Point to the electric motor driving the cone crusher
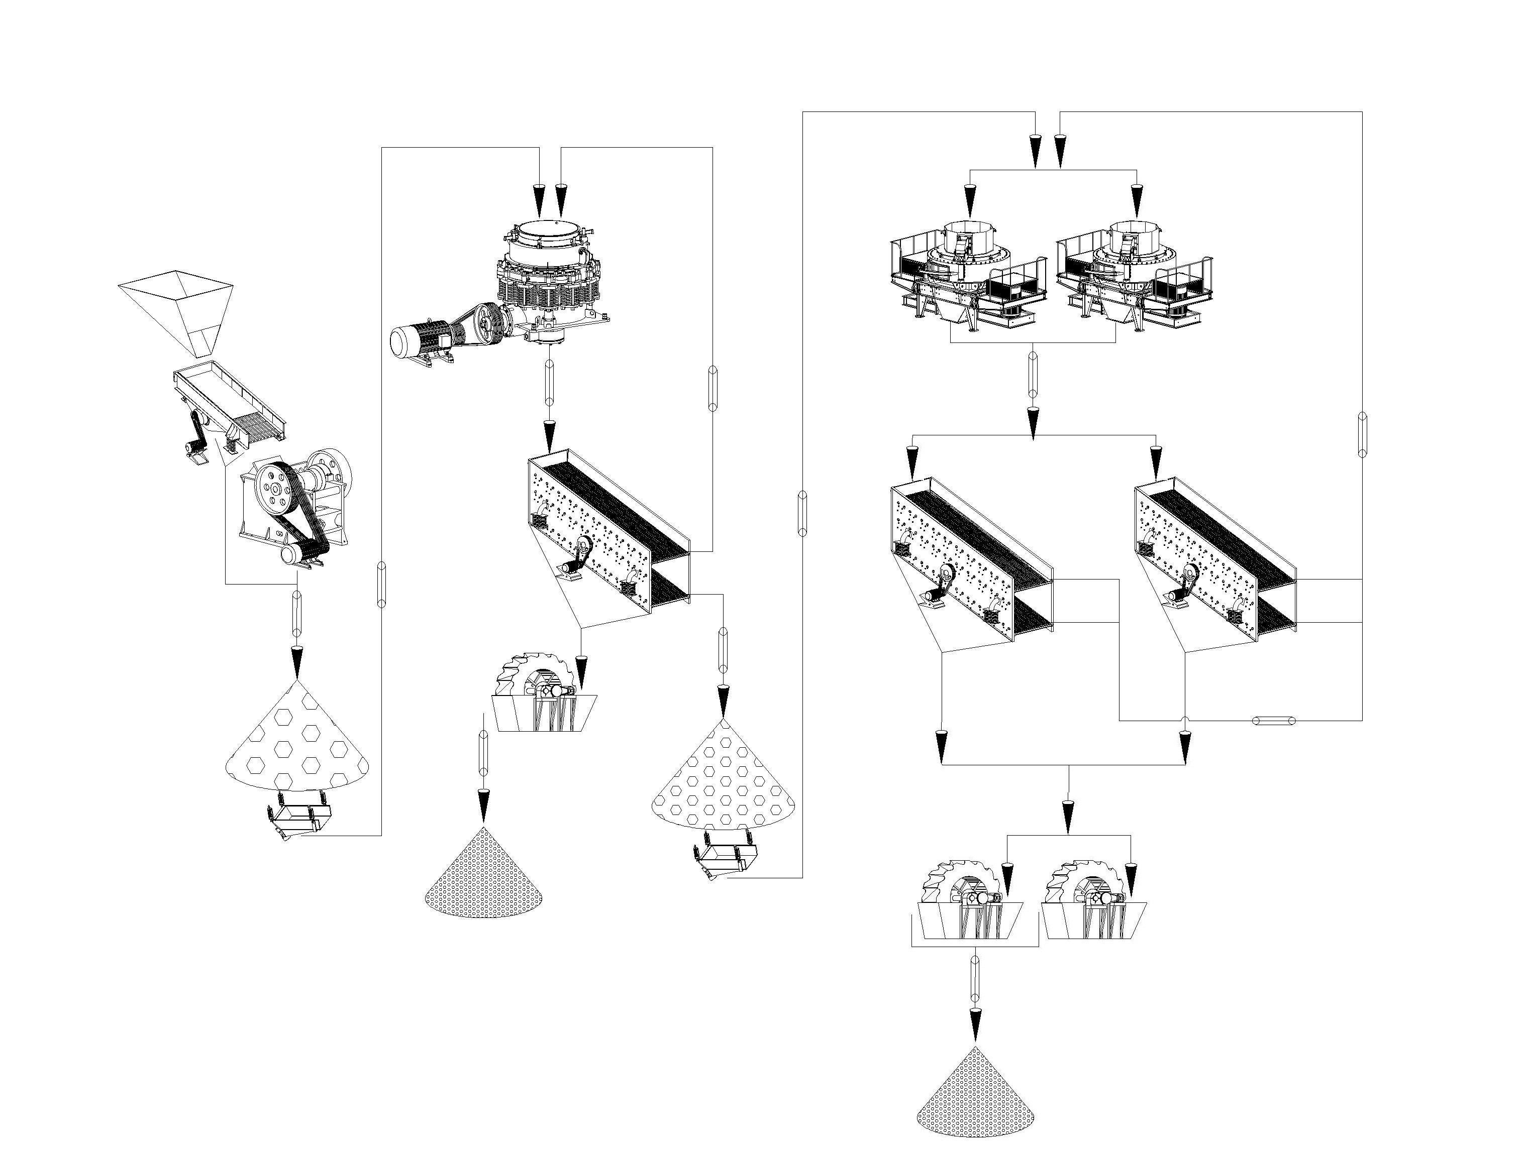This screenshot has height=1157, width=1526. click(421, 341)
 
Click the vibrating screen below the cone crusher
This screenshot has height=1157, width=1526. click(607, 531)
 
